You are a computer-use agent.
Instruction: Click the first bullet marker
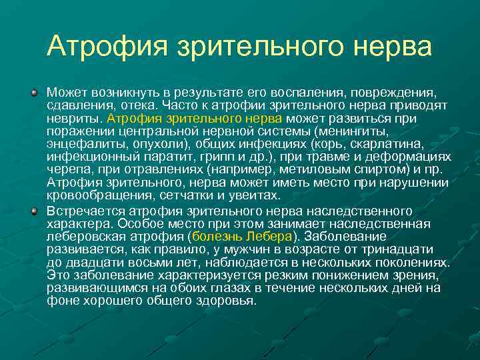tap(33, 90)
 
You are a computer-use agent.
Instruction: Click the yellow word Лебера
tap(269, 236)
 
